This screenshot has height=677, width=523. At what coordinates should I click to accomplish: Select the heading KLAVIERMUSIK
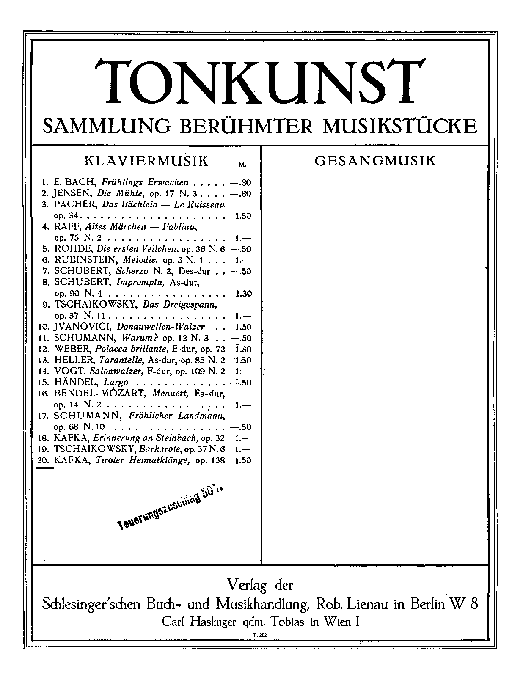click(147, 161)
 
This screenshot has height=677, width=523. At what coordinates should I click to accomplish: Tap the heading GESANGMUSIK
click(375, 161)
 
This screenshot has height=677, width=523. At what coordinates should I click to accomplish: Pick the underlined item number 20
click(44, 460)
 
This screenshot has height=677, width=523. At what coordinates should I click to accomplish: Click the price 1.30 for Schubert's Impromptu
click(243, 294)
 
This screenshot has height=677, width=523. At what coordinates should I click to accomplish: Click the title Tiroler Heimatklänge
click(142, 460)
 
